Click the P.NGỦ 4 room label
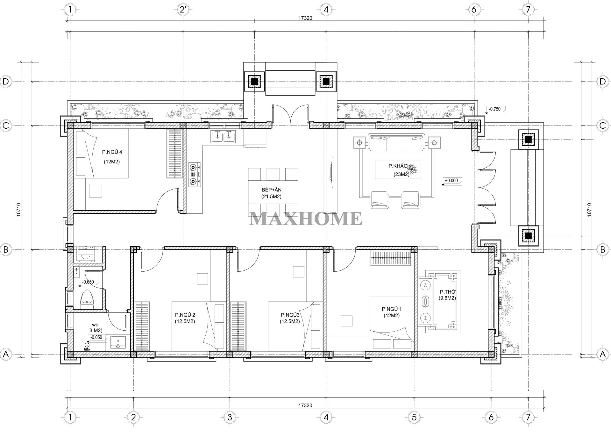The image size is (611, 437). click(x=112, y=152)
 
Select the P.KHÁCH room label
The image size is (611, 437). click(x=399, y=166)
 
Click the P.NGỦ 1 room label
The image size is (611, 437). click(x=392, y=309)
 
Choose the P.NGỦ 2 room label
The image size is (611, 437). click(x=185, y=315)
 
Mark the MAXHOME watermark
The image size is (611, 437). click(x=305, y=218)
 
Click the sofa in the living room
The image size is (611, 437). click(x=396, y=142)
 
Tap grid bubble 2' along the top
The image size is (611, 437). click(x=183, y=10)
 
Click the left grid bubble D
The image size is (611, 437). click(x=6, y=81)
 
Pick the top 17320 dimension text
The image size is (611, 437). click(x=305, y=18)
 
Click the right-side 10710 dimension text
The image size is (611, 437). click(x=589, y=210)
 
